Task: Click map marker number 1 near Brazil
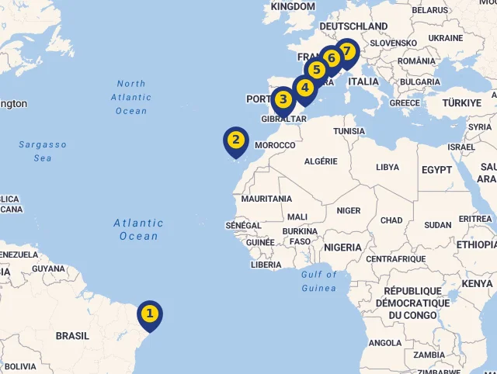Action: (x=150, y=314)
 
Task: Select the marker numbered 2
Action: (x=236, y=140)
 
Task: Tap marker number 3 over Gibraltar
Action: (x=283, y=99)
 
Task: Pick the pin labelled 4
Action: (x=305, y=88)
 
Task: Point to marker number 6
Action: (x=332, y=58)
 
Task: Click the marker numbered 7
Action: (x=346, y=51)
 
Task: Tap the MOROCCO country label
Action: (x=275, y=145)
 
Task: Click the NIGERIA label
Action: (x=342, y=248)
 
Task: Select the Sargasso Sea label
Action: (x=43, y=151)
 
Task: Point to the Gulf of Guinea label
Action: (x=319, y=281)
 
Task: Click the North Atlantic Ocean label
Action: (x=131, y=97)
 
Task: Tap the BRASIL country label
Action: (x=72, y=336)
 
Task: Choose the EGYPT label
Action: (x=436, y=169)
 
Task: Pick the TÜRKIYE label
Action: (x=462, y=102)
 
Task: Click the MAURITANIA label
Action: (x=266, y=199)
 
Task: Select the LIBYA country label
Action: (x=388, y=167)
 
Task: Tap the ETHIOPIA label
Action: (x=476, y=244)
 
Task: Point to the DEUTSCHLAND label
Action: (x=353, y=26)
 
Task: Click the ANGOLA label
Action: (x=385, y=342)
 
